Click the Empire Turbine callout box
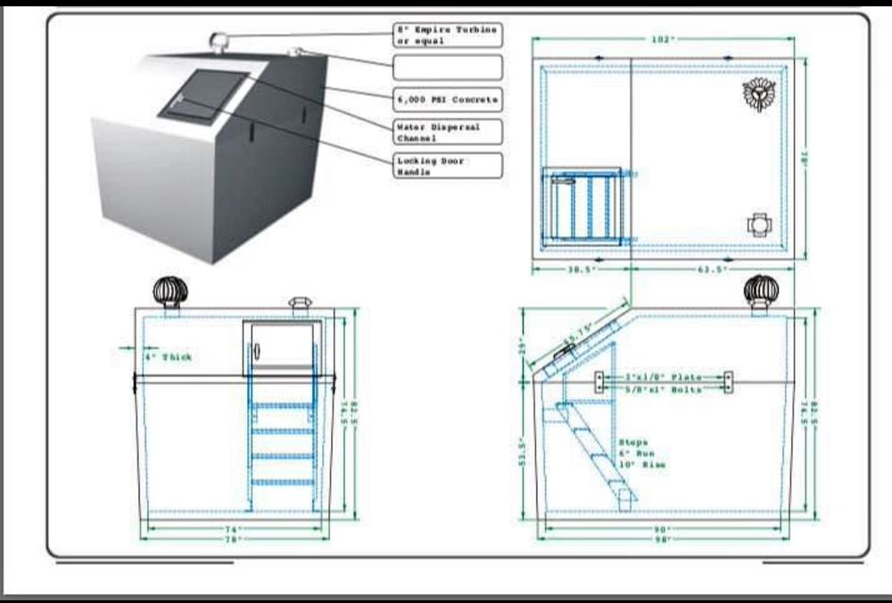tap(448, 36)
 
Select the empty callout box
tap(448, 67)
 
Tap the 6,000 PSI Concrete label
tap(448, 98)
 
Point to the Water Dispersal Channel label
tap(448, 132)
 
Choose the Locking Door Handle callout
tap(448, 166)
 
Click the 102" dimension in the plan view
tap(662, 39)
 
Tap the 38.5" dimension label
tap(580, 268)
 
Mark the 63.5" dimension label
tap(712, 268)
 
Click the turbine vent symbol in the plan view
tap(760, 93)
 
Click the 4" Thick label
tap(168, 357)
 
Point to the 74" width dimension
tap(232, 529)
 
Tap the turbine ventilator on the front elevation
tap(169, 292)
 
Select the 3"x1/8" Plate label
tap(665, 378)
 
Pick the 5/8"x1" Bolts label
tap(665, 390)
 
